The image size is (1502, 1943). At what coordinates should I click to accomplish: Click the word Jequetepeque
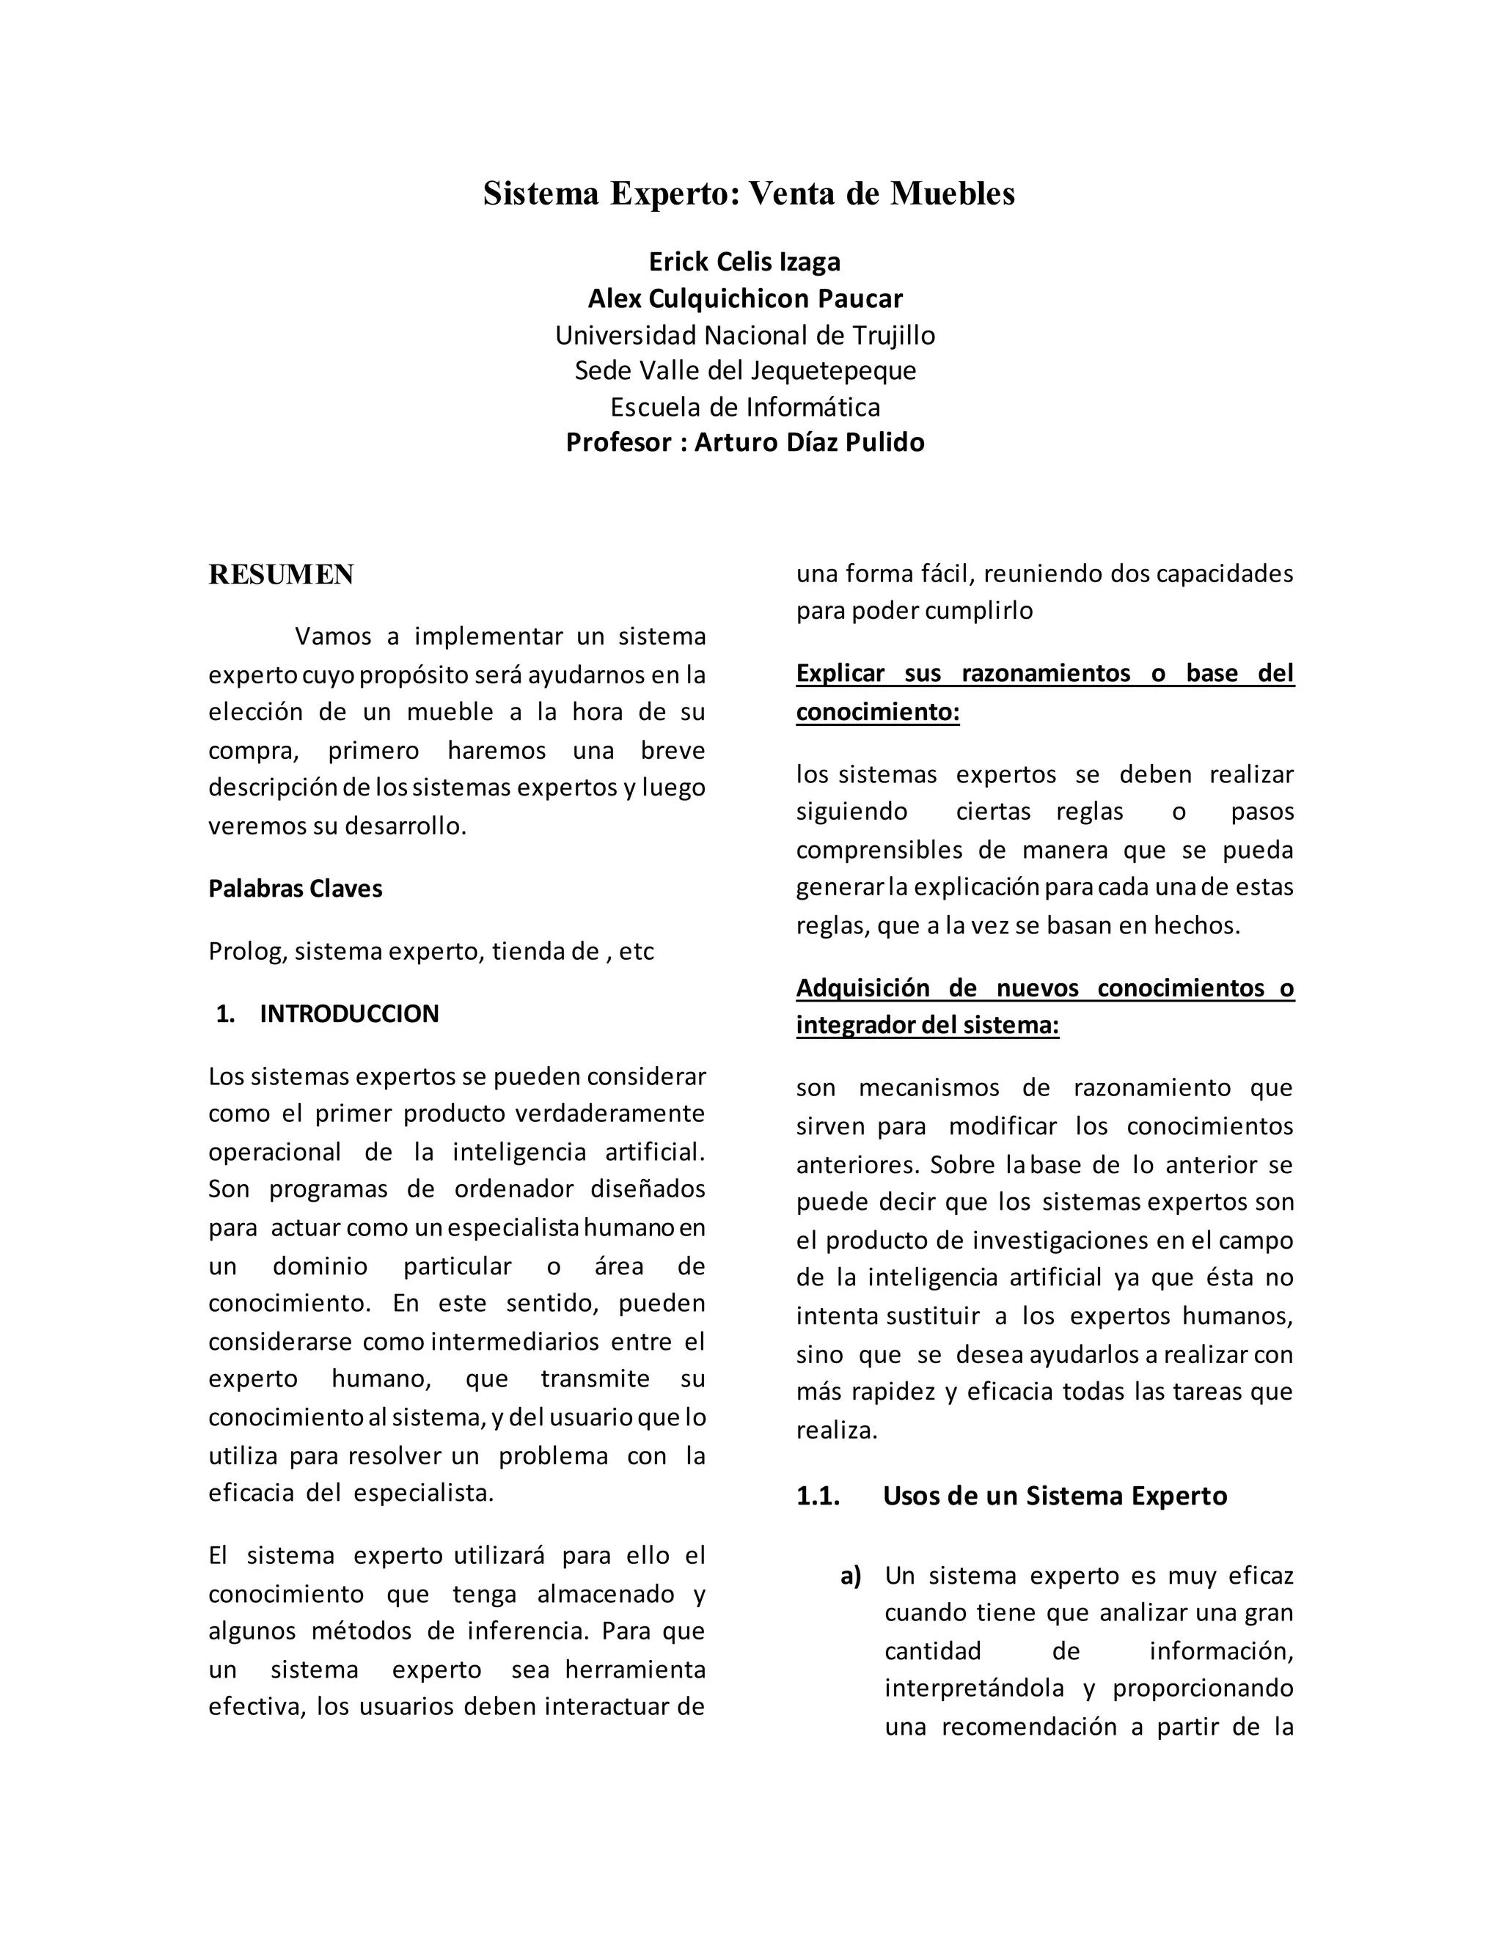pos(833,370)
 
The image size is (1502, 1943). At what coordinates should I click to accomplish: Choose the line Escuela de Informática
pos(745,407)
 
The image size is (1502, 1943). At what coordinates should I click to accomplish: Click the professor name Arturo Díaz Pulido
pos(809,442)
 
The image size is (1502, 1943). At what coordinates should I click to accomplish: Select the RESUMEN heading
pos(281,575)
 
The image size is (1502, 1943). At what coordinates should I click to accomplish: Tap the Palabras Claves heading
pos(296,889)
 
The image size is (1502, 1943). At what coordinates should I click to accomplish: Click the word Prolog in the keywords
pos(247,952)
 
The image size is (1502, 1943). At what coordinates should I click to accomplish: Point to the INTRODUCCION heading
pos(349,1014)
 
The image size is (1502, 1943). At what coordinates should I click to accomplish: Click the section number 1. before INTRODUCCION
pos(225,1014)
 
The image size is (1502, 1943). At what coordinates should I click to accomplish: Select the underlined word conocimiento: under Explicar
pos(877,713)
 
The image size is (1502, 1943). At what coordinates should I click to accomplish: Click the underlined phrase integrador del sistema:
pos(927,1026)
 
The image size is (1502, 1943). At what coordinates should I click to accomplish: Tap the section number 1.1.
pos(818,1496)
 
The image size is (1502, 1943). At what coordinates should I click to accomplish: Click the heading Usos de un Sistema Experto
pos(1055,1496)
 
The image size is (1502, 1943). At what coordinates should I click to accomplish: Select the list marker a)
pos(851,1576)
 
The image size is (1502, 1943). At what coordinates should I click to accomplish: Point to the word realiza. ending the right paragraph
pos(836,1430)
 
